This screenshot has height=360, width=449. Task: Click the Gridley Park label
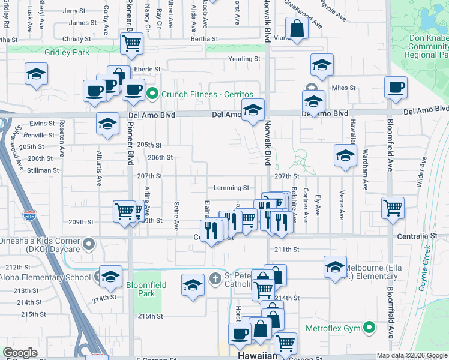(x=67, y=52)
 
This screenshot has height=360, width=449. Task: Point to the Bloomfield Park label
(x=140, y=289)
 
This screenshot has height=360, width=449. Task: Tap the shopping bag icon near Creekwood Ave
(x=297, y=28)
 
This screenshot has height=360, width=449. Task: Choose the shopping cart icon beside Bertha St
(x=131, y=43)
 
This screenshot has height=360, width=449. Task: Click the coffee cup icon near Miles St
(x=396, y=88)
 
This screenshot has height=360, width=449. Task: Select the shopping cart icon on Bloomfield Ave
(x=393, y=208)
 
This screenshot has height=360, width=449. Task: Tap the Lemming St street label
(x=229, y=188)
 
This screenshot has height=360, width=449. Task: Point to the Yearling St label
(x=244, y=59)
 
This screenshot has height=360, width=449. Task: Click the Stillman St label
(x=44, y=170)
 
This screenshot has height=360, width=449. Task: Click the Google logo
(x=20, y=352)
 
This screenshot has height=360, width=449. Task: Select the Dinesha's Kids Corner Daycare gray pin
(x=89, y=244)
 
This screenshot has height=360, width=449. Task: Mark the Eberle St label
(x=147, y=70)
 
